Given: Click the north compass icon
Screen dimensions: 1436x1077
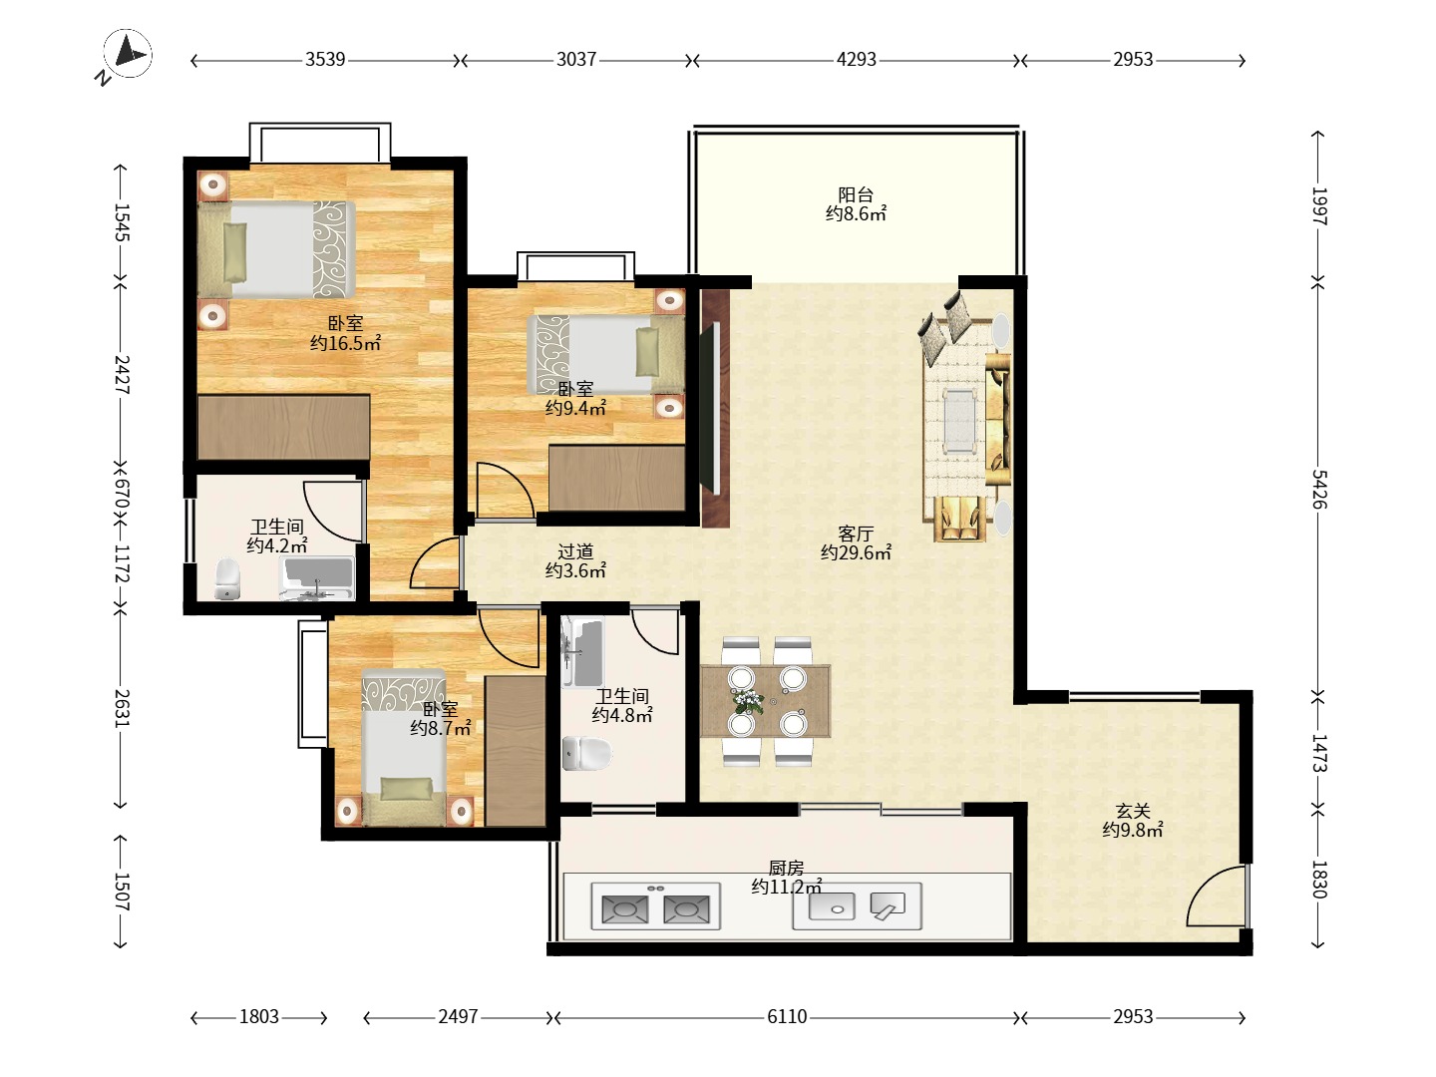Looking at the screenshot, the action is tap(128, 55).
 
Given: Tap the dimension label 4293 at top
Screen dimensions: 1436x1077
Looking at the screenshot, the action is tap(856, 60).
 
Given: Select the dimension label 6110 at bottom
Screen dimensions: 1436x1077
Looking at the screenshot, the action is tap(787, 1017).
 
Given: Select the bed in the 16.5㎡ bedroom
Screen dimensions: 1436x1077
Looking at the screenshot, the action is tap(276, 249).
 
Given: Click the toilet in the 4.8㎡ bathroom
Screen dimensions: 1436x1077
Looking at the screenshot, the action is tap(586, 753).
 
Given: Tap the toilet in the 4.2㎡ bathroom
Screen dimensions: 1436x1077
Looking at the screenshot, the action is tap(227, 578).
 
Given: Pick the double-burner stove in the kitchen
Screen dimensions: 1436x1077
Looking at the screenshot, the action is tap(655, 907).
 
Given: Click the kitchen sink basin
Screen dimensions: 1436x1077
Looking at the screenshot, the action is tap(832, 906).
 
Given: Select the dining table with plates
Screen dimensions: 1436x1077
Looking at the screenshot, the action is tap(766, 701).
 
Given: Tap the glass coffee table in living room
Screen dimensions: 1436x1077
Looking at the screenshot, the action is tap(959, 421).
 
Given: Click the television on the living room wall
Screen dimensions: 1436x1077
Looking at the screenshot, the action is tap(710, 409).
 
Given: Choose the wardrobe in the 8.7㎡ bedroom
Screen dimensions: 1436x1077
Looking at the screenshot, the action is tap(516, 751).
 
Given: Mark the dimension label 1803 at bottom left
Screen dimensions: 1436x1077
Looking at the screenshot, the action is tap(259, 1017).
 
